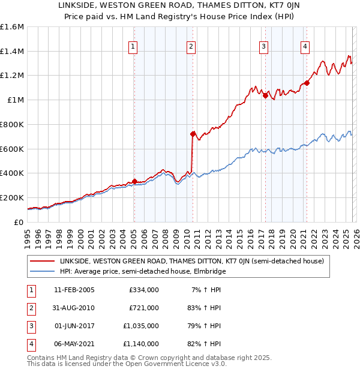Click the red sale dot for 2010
[193, 134]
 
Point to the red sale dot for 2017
[265, 95]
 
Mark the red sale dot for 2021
[307, 83]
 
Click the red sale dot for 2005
[134, 181]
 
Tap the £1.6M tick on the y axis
[12, 27]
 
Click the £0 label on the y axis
[18, 222]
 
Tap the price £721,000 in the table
[143, 308]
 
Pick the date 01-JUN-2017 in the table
[74, 326]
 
